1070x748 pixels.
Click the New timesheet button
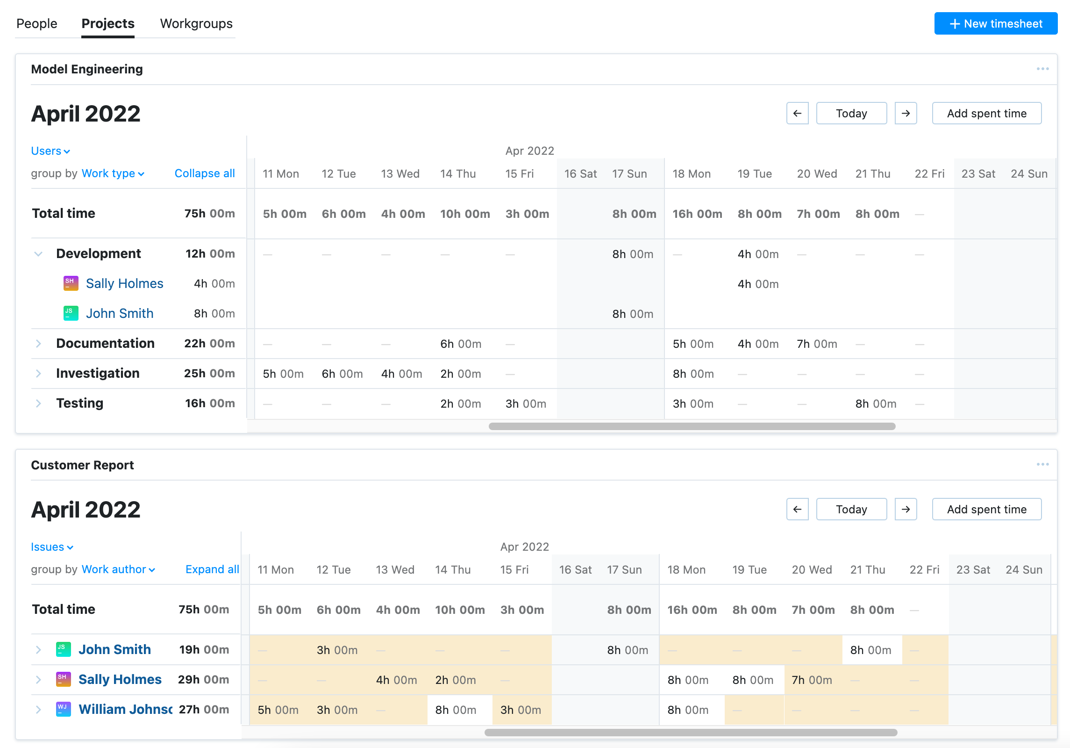click(995, 23)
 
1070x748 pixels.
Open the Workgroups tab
click(196, 23)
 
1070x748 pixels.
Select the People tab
click(36, 23)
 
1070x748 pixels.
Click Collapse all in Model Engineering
click(204, 173)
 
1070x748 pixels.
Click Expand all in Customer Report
click(212, 569)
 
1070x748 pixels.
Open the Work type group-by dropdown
click(113, 173)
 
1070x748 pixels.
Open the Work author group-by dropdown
click(118, 569)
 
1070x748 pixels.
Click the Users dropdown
click(50, 151)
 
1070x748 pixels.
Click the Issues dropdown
click(51, 547)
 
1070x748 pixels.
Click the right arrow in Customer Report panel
click(905, 509)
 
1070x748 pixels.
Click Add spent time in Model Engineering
click(986, 114)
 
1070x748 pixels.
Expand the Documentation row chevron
click(38, 344)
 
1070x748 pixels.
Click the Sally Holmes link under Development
click(124, 284)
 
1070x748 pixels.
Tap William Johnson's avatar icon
click(63, 709)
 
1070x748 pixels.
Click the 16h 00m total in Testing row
click(209, 403)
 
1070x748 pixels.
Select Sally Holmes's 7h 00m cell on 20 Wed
click(812, 680)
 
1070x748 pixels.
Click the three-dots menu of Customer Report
click(1042, 464)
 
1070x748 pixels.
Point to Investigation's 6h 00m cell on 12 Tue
click(342, 374)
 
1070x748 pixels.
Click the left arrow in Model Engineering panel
click(797, 114)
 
